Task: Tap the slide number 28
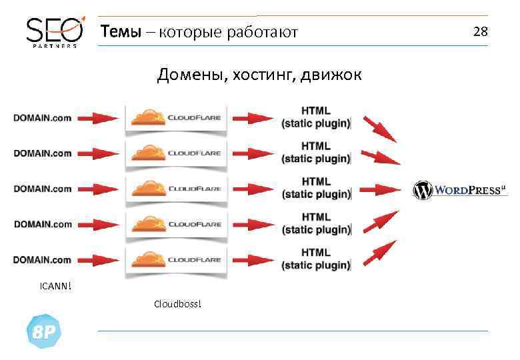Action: coord(480,31)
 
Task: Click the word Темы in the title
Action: coord(120,32)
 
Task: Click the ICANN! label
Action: coord(55,287)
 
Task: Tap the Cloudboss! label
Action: coord(177,305)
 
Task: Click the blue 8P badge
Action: coord(44,331)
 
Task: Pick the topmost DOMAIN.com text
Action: coord(43,118)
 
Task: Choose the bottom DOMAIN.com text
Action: coord(43,259)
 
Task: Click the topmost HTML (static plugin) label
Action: coord(315,116)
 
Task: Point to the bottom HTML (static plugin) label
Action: coord(315,259)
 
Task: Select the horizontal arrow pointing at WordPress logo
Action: coord(386,189)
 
